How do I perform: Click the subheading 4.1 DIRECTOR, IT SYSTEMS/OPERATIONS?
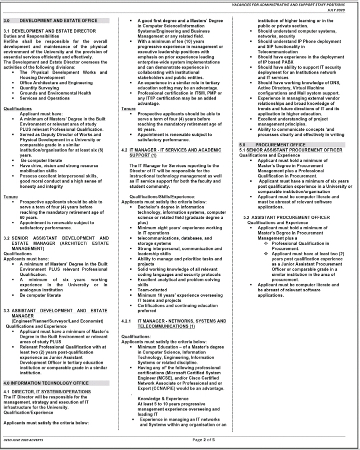[47, 391]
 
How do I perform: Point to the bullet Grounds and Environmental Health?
[55, 92]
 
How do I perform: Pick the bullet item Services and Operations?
[48, 98]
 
